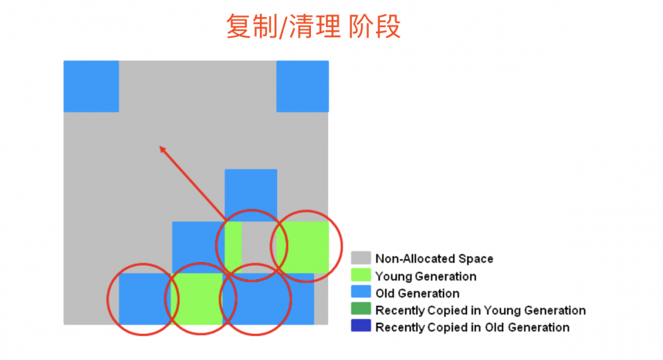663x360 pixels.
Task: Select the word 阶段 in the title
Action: coord(375,27)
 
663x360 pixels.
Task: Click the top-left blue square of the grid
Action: coord(91,86)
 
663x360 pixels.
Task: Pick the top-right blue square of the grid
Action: coord(302,86)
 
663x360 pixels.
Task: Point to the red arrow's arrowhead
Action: coord(162,149)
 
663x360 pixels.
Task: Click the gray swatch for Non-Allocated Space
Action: coord(361,259)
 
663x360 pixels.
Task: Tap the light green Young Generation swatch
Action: coord(361,276)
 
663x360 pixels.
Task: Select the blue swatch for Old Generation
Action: coord(361,293)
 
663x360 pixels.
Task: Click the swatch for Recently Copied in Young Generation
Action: coord(361,310)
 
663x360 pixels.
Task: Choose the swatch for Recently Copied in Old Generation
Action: coord(361,328)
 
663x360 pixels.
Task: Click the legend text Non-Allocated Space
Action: coord(434,259)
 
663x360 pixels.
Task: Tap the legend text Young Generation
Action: coord(426,276)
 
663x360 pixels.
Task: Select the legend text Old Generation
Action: coord(417,293)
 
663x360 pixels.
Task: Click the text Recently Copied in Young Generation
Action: coord(480,310)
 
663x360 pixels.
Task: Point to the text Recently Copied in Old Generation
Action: coord(472,328)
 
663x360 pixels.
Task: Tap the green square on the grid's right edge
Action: coord(304,247)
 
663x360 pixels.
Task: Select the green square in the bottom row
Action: coord(198,298)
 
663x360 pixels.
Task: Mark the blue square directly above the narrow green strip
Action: coord(251,194)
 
